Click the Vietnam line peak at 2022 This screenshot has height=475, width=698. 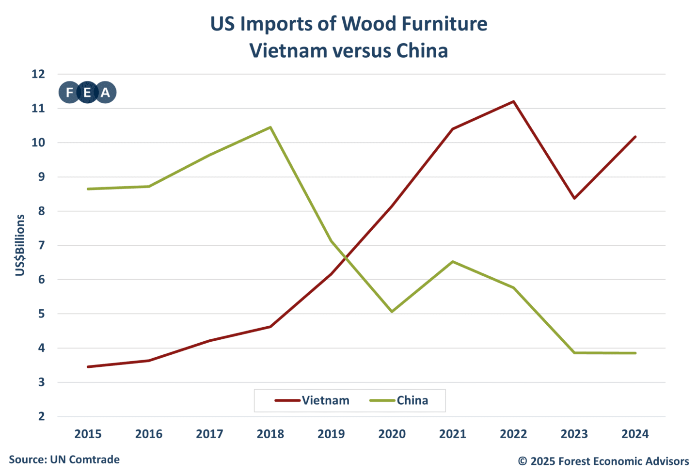pos(513,101)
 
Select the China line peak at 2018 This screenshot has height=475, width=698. pos(270,127)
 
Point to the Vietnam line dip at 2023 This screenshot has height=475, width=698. pos(574,198)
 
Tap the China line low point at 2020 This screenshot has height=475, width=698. pos(392,311)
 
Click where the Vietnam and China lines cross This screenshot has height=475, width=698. pos(343,256)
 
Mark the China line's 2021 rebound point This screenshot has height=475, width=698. pos(453,262)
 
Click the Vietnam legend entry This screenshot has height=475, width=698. pos(313,400)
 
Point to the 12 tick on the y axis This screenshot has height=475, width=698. pos(38,74)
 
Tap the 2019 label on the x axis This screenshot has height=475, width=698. pos(331,434)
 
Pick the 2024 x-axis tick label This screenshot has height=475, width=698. pos(635,434)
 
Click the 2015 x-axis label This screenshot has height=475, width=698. pos(88,434)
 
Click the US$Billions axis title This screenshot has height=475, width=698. pos(20,245)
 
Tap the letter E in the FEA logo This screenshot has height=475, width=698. pos(87,92)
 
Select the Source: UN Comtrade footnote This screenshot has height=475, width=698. pos(64,459)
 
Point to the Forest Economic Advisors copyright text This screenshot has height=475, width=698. pos(603,461)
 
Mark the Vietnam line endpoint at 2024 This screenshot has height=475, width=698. pos(635,137)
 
